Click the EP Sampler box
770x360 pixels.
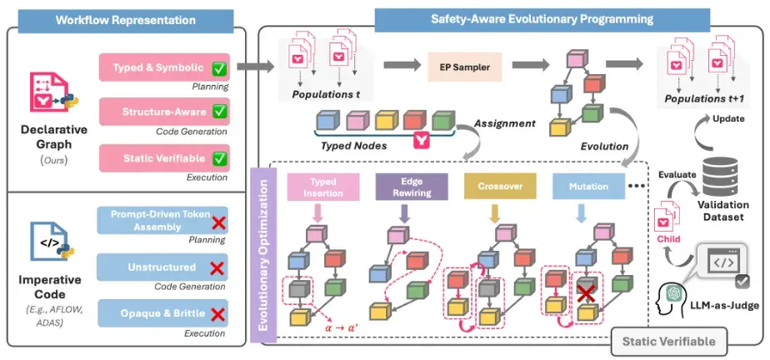(x=464, y=67)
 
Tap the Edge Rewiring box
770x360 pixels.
(x=412, y=187)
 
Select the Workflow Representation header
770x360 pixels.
(x=125, y=21)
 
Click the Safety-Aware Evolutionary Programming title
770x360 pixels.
(x=542, y=19)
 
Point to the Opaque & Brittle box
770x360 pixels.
(x=163, y=312)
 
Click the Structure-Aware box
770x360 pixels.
(x=164, y=112)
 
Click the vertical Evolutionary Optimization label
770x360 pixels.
(x=263, y=254)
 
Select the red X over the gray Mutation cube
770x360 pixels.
(x=585, y=295)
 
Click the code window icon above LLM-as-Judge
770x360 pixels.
(x=723, y=262)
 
